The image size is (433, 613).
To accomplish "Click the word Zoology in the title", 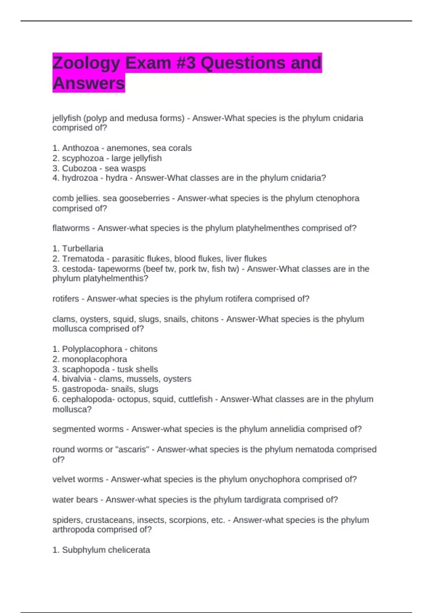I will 86,63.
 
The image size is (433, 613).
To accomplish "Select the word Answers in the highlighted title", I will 89,84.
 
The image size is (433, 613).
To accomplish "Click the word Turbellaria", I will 83,248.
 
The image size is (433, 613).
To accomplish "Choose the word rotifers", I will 66,299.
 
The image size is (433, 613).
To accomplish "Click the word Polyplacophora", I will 92,349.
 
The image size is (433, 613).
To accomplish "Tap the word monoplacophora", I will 95,359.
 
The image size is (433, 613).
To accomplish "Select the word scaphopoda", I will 86,369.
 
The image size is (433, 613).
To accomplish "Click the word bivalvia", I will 76,379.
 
